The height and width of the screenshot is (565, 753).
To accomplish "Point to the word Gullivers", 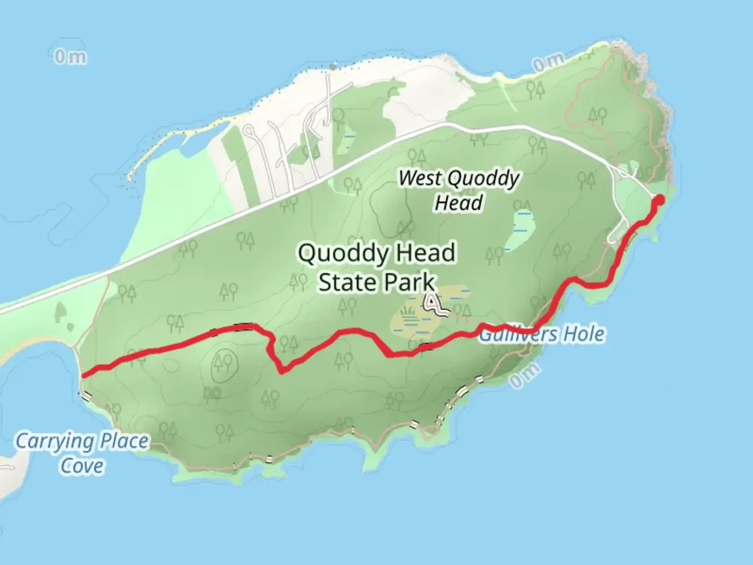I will [x=512, y=334].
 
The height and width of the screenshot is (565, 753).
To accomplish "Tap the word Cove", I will [x=82, y=466].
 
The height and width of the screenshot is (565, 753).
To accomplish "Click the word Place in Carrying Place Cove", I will [x=124, y=441].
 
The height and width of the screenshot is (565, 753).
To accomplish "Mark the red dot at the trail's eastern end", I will [x=659, y=199].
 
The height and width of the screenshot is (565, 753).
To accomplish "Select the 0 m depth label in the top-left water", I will [x=70, y=56].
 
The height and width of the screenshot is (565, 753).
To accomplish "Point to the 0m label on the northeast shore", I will [x=547, y=63].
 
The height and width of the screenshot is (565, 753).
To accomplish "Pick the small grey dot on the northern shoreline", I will [x=333, y=67].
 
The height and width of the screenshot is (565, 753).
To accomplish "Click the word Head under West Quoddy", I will [x=458, y=202].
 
